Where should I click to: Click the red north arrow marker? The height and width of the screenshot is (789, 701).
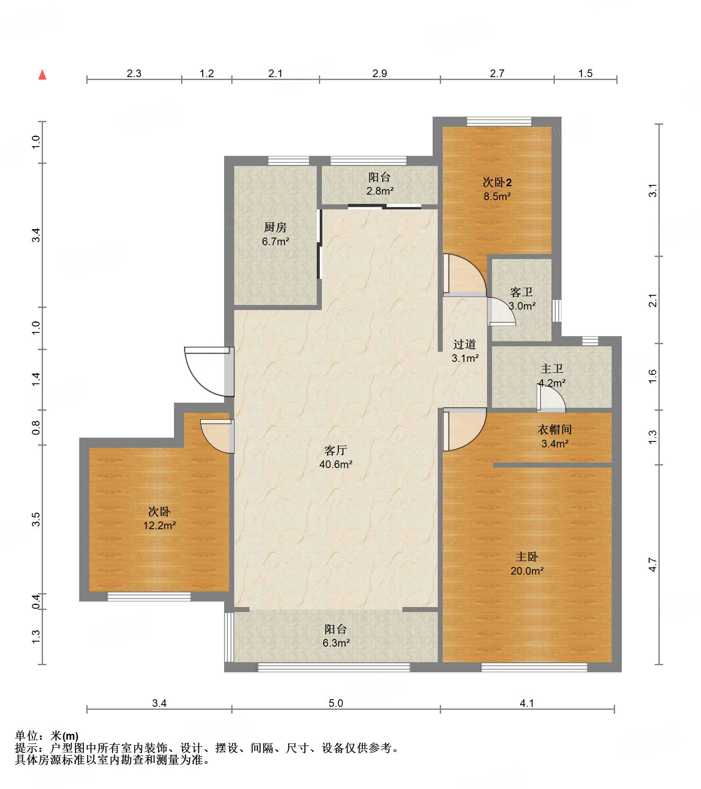coord(42,75)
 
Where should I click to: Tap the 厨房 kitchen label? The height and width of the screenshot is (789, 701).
coord(275,227)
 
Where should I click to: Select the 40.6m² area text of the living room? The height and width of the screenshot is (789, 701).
coord(336,464)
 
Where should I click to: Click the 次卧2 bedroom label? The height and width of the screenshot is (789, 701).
coord(497,182)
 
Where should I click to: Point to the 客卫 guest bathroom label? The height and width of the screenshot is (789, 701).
coord(521,292)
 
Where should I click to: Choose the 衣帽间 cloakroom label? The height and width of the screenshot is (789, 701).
coord(554,430)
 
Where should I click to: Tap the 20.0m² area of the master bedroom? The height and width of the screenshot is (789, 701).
coord(527,571)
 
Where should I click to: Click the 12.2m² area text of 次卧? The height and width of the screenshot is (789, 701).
coord(159,525)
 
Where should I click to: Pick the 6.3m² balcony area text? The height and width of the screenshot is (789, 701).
coord(336,643)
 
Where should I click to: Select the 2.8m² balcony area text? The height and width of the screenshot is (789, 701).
coord(380,191)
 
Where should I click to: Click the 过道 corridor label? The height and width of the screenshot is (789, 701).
coord(465,344)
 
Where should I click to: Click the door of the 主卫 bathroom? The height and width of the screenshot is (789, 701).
coord(551,398)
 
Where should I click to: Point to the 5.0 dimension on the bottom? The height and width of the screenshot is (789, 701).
coord(336,703)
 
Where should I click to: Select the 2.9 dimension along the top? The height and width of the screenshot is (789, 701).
coord(380,73)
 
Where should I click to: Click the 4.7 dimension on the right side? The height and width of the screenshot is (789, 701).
coord(652,564)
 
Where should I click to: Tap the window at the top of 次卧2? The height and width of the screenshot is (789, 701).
coord(499,121)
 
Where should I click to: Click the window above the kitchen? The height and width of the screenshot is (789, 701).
coord(289,160)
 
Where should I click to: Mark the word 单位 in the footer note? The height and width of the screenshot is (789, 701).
coord(26,736)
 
